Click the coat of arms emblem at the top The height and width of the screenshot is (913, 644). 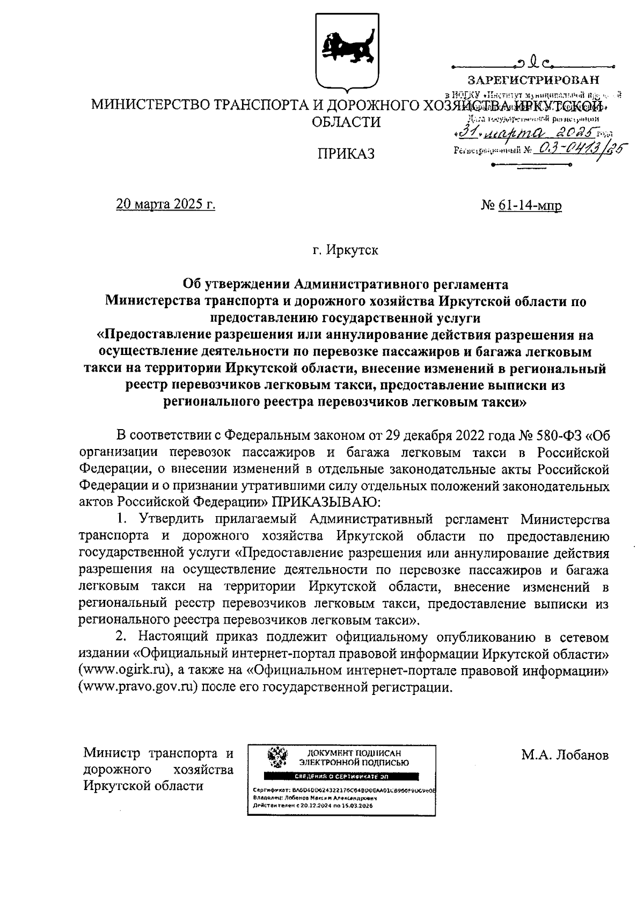(x=340, y=52)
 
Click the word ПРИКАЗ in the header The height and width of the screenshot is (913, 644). (x=346, y=154)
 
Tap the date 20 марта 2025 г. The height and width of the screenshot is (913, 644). (x=165, y=205)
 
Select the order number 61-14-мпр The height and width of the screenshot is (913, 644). (x=530, y=205)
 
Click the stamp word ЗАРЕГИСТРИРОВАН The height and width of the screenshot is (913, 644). (x=533, y=81)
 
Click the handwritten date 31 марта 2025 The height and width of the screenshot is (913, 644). (x=529, y=132)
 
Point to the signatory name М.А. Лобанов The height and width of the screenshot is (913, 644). (x=565, y=755)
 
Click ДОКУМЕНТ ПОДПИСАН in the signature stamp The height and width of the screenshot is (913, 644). (x=354, y=754)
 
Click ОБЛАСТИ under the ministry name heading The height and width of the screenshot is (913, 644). (x=346, y=122)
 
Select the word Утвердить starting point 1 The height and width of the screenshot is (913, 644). (x=170, y=519)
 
